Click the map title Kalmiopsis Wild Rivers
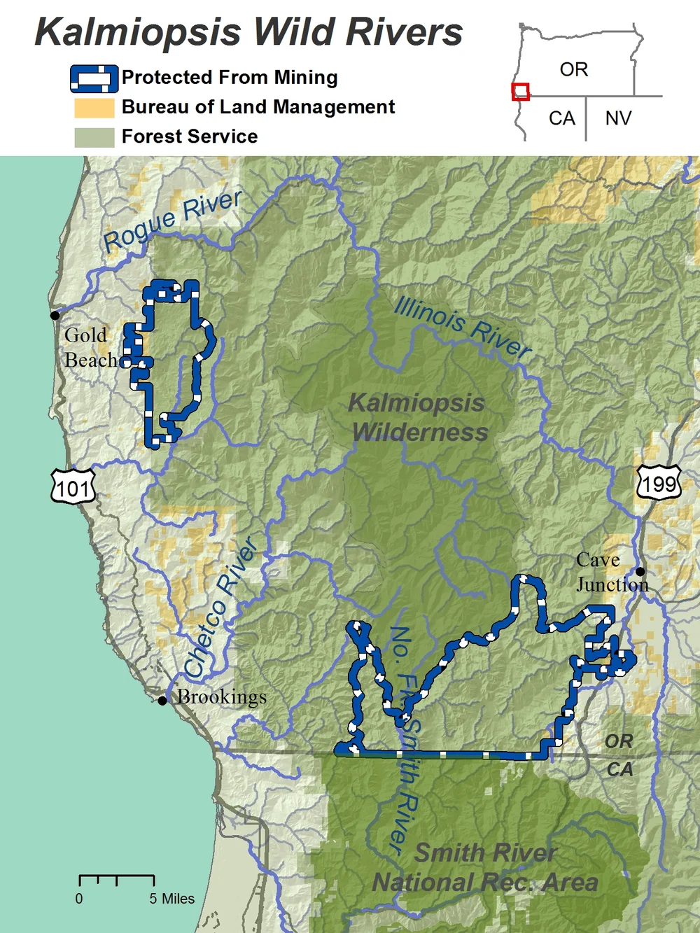(x=248, y=32)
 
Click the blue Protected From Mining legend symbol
(x=94, y=78)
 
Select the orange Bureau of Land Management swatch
(x=94, y=108)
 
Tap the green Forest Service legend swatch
(x=94, y=137)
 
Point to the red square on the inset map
(x=520, y=92)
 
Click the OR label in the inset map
(x=574, y=70)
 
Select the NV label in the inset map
(x=618, y=118)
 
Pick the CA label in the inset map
(x=561, y=118)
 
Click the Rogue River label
(x=172, y=220)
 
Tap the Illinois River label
(x=463, y=327)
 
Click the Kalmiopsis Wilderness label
(x=418, y=418)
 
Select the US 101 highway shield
(x=73, y=487)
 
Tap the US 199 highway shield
(x=659, y=482)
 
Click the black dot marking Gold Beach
(x=55, y=315)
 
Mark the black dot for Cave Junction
(x=640, y=571)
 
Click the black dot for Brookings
(x=162, y=700)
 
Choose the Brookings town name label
(x=222, y=697)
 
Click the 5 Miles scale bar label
(x=171, y=899)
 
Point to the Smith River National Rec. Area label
(x=485, y=868)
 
